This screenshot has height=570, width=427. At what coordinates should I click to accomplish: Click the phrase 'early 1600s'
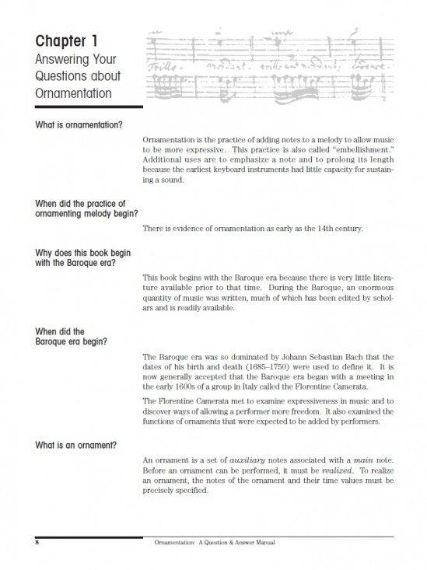[166, 387]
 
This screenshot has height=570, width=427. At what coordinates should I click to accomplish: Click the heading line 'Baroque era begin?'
[72, 341]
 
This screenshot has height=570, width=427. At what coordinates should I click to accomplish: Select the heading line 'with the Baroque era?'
[76, 262]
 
